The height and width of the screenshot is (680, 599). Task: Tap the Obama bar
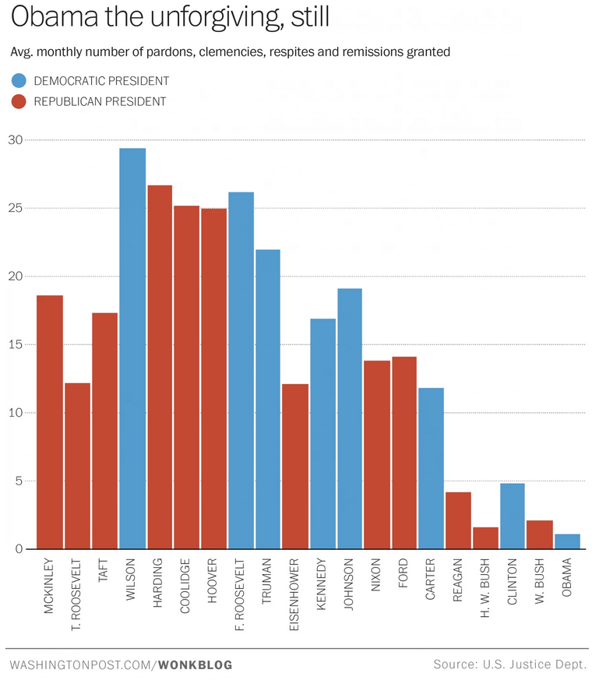[x=567, y=541]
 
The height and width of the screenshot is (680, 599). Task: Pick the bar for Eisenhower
[x=295, y=467]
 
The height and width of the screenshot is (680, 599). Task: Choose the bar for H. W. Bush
[x=485, y=538]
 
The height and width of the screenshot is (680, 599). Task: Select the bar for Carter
[x=431, y=468]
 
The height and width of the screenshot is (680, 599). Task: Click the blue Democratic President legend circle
[x=19, y=81]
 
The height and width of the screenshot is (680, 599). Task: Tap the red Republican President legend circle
[x=19, y=100]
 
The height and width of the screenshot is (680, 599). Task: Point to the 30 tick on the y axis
[x=15, y=140]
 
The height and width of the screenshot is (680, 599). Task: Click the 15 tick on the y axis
[x=15, y=344]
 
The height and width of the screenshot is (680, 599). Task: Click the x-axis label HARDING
[x=160, y=585]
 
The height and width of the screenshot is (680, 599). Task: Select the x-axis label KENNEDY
[x=322, y=586]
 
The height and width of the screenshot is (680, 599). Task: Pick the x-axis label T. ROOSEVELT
[x=78, y=592]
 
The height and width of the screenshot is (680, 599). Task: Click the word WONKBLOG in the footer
[x=196, y=664]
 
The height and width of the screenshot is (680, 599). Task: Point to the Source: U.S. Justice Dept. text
[x=510, y=664]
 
